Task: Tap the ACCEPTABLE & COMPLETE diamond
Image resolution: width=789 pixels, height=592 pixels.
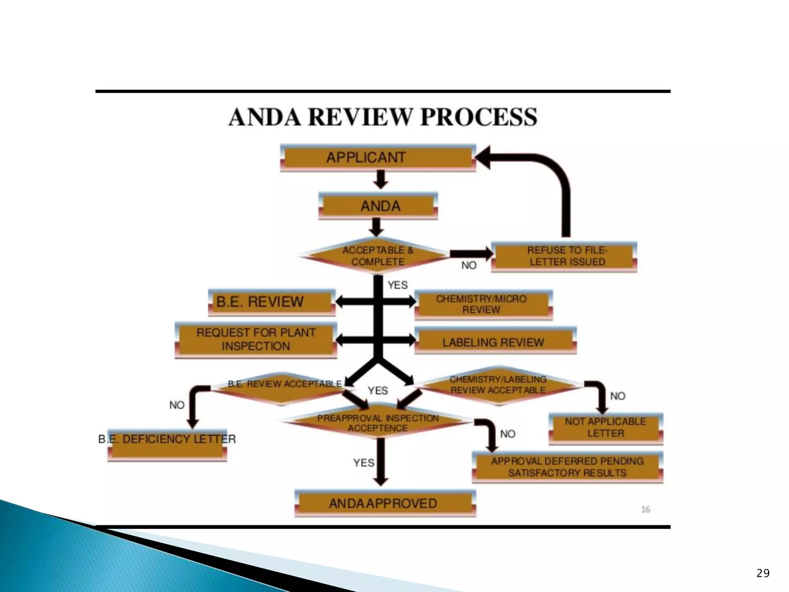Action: (x=378, y=256)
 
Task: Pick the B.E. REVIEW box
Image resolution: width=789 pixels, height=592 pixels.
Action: (x=272, y=302)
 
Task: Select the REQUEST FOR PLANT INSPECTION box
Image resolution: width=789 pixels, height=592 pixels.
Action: (x=256, y=339)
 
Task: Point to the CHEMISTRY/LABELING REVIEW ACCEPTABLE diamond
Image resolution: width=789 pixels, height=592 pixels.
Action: (x=498, y=385)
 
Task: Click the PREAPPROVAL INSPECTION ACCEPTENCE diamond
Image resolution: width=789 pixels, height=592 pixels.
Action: (x=378, y=423)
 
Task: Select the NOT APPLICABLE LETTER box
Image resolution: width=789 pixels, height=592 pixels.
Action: (x=606, y=427)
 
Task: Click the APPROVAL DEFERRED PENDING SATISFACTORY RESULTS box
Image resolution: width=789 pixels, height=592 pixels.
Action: (x=567, y=467)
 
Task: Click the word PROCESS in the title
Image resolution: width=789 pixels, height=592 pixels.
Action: (x=479, y=117)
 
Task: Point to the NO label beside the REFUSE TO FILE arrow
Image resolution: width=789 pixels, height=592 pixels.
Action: (x=469, y=265)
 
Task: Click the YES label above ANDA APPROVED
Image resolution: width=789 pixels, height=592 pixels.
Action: (x=364, y=462)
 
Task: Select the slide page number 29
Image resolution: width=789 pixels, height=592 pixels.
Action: (x=763, y=573)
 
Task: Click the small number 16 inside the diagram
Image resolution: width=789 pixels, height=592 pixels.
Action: (x=646, y=510)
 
